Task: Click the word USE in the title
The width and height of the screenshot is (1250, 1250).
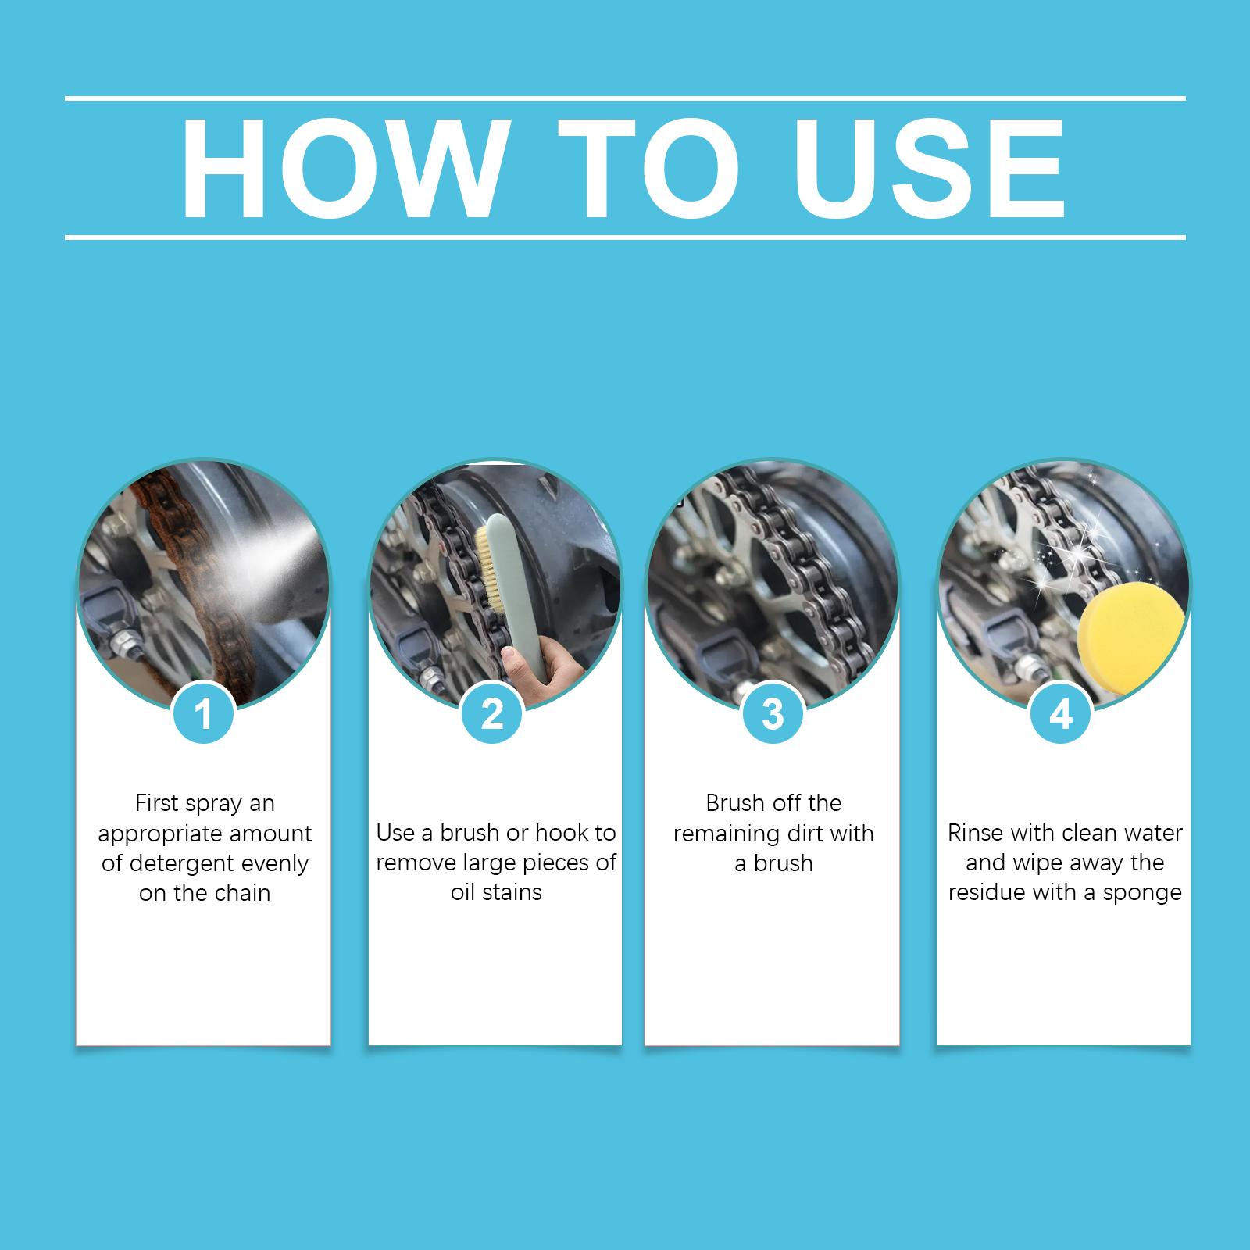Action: pos(930,168)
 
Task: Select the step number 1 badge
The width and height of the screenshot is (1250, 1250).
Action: pos(204,714)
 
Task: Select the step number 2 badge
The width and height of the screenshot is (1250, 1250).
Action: pos(492,714)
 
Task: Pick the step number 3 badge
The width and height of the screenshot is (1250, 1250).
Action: pos(773,714)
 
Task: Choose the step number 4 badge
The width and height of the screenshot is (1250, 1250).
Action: pos(1060,714)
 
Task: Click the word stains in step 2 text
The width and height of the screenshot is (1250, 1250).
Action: pos(512,892)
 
